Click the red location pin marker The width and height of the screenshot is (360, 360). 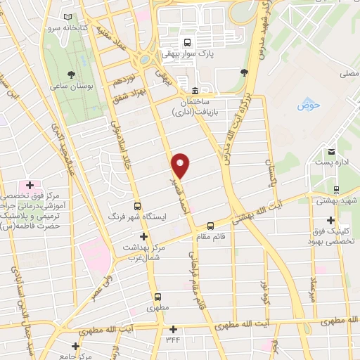(181, 165)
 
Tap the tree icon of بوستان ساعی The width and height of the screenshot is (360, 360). (71, 74)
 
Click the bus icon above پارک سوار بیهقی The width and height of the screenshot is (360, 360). (186, 41)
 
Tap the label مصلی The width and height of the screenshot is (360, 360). (349, 72)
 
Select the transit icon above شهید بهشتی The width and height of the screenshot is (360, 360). (336, 189)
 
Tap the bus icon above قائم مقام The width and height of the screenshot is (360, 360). (210, 226)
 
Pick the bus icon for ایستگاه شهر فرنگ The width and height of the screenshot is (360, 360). (137, 207)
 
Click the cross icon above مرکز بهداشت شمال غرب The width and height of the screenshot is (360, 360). (144, 236)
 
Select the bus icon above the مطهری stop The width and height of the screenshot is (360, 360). (157, 297)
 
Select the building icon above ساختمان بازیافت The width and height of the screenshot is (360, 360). (195, 91)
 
